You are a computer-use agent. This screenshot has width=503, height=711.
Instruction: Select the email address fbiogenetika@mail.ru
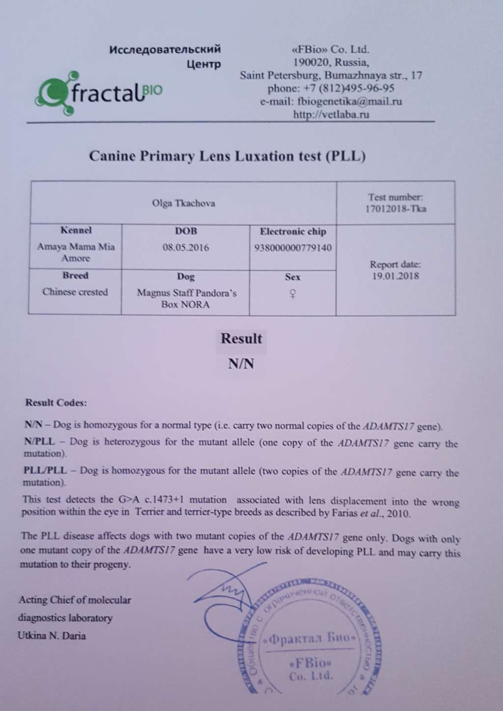tap(349, 102)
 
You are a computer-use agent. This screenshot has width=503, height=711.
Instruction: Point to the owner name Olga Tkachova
tap(183, 203)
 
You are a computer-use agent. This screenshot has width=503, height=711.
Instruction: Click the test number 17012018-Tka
tap(395, 208)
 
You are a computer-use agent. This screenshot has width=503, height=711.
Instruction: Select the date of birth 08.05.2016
tap(186, 247)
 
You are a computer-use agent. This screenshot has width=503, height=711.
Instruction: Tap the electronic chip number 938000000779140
tap(293, 247)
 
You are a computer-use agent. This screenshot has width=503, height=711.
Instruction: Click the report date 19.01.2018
tap(395, 276)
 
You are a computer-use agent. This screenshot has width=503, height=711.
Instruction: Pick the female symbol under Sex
tap(293, 295)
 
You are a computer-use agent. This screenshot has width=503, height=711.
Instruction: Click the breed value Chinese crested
tap(75, 292)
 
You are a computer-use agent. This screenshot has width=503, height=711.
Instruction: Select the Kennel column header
tap(76, 230)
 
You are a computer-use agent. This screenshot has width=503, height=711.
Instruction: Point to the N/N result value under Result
tap(241, 364)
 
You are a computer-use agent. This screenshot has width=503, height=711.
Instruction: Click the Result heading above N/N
tap(241, 339)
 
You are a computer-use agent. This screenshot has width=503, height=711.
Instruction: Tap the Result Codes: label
tap(56, 403)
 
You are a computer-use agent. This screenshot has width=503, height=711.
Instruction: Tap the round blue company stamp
tap(309, 639)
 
